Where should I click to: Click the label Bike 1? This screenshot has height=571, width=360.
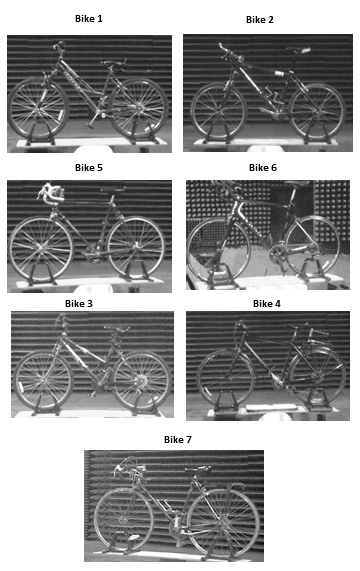89,19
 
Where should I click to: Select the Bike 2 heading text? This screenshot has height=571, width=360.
260,20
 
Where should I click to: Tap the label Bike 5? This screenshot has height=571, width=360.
89,168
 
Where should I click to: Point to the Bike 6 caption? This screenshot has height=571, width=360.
263,168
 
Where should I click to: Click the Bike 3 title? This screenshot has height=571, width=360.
79,304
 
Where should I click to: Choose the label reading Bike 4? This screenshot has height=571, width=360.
267,304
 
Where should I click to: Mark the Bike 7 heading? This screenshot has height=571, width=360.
178,440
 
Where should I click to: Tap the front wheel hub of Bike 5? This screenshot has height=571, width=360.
40,249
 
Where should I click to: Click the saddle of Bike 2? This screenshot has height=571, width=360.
299,49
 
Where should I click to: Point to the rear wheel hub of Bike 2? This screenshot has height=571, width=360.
317,111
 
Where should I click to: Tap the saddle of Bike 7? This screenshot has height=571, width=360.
198,469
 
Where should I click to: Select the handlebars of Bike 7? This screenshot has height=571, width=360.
128,466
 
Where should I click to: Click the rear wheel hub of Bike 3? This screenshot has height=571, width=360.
141,380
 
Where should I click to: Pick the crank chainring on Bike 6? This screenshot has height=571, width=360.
277,253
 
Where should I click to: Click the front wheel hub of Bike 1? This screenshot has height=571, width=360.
38,108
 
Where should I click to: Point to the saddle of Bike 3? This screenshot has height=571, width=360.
116,329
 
